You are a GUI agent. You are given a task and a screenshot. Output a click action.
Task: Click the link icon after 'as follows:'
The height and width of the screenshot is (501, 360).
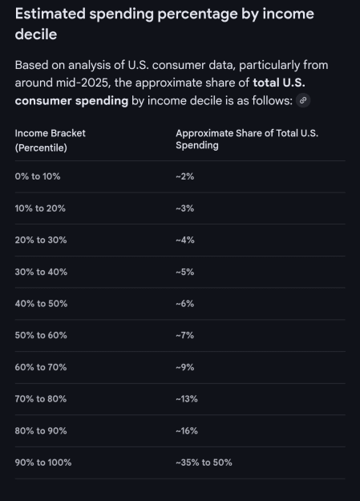point(303,100)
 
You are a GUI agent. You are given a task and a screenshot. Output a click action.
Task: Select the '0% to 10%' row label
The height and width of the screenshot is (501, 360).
point(38,176)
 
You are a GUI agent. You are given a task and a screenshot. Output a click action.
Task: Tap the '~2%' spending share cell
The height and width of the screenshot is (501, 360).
point(184,176)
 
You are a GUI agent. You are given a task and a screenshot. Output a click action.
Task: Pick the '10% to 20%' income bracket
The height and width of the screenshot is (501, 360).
point(40,208)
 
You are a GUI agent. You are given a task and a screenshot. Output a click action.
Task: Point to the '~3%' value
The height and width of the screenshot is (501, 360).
point(184,208)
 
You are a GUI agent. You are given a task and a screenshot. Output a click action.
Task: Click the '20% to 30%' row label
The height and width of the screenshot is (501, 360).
point(41,240)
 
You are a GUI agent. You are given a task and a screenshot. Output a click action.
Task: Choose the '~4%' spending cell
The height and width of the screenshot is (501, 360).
point(185,240)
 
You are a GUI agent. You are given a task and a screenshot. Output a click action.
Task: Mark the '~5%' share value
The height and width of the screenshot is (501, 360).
point(184,272)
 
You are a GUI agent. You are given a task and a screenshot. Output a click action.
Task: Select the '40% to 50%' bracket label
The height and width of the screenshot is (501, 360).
point(41,304)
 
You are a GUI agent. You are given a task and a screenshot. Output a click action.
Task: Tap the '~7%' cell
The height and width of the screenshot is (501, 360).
point(184,335)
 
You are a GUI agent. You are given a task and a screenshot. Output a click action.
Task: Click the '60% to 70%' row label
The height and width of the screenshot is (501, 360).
point(41,367)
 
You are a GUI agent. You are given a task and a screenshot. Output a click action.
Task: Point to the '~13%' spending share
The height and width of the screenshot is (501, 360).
point(187,398)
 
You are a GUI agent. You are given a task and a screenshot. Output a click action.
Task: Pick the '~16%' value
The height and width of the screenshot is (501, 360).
point(187,430)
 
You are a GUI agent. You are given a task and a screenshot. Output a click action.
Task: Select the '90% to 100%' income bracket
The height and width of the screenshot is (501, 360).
point(43,463)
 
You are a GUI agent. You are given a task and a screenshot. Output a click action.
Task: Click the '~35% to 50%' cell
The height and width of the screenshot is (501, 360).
point(204,463)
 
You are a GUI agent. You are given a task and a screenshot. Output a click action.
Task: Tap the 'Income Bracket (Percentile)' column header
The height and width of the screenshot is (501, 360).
point(51,140)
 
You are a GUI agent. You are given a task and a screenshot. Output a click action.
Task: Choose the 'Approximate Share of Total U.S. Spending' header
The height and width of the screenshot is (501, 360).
point(247,139)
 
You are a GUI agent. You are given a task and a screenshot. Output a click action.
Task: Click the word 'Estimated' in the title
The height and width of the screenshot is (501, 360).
point(51,14)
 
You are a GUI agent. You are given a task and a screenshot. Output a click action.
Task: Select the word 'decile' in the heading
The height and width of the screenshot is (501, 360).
point(36,34)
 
